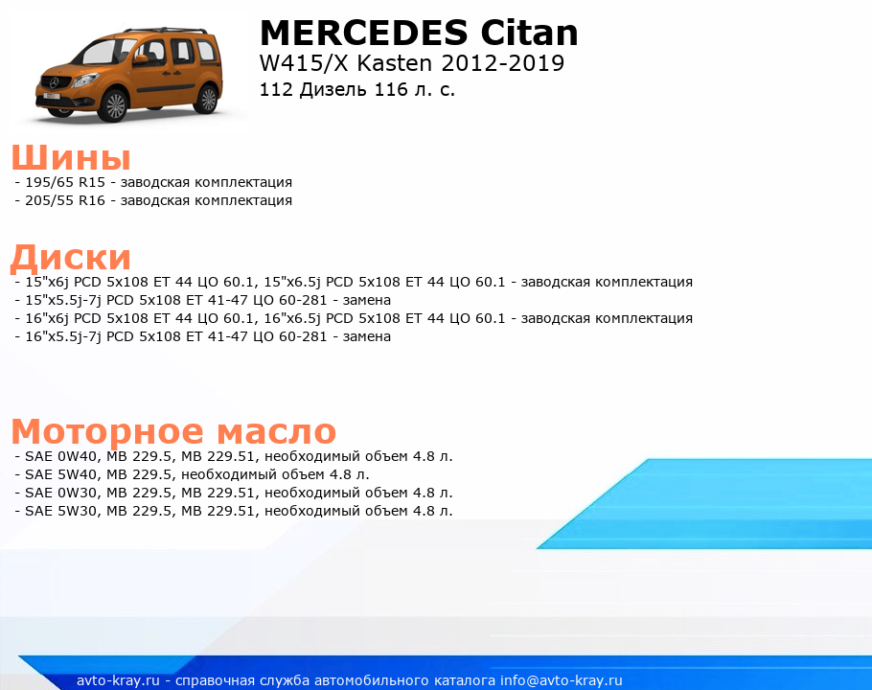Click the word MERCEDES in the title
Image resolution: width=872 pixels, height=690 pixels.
click(364, 33)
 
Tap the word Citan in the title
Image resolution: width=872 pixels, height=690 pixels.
click(529, 33)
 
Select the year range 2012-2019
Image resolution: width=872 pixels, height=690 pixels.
click(503, 63)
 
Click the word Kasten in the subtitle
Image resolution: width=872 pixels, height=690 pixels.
click(394, 63)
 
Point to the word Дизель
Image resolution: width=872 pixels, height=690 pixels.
click(333, 89)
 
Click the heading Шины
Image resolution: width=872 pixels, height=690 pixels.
click(71, 157)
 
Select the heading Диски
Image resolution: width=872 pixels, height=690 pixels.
click(71, 258)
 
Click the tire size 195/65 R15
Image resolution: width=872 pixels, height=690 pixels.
click(65, 182)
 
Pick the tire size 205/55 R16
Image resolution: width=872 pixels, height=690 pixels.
click(65, 200)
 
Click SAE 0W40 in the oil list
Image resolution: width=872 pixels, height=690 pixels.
click(60, 456)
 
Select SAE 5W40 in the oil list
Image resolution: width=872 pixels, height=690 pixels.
click(60, 474)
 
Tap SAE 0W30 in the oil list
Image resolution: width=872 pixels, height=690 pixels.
click(60, 494)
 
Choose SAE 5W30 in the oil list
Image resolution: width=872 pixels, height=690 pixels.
click(60, 512)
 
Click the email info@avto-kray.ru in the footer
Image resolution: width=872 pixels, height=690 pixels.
click(562, 680)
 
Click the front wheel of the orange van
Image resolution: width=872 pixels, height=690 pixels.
click(115, 105)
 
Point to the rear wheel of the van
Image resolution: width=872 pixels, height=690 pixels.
click(207, 99)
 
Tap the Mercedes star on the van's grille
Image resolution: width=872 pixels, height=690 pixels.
click(54, 82)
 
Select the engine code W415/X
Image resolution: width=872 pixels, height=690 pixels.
click(304, 63)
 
